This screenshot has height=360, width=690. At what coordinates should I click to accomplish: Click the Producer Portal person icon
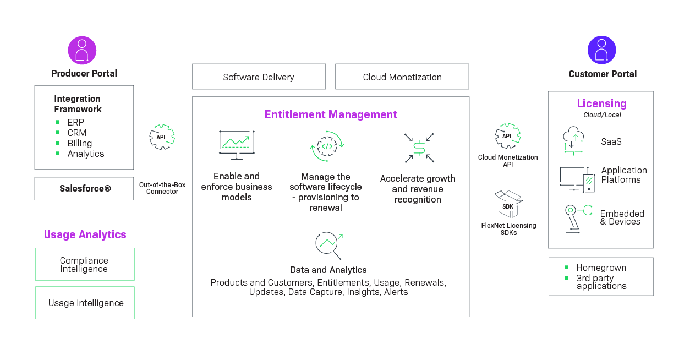(82, 51)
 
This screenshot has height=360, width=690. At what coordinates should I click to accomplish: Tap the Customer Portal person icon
(601, 50)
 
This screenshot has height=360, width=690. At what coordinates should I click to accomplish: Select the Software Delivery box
(259, 77)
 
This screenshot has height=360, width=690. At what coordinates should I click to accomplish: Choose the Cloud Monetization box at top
(402, 77)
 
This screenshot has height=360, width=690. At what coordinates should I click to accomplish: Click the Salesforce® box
(84, 189)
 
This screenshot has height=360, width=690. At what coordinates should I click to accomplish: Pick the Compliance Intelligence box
(84, 264)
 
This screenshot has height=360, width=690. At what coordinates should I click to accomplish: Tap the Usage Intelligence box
(85, 303)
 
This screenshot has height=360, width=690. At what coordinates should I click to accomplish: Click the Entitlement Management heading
(331, 114)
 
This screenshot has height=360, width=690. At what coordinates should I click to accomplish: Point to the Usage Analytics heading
(85, 234)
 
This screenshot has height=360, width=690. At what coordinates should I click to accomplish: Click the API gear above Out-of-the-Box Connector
(162, 137)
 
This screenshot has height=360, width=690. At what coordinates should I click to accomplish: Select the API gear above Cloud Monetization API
(507, 136)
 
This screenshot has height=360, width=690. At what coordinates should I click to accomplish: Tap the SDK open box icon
(508, 204)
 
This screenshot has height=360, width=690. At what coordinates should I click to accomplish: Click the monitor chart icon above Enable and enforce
(237, 145)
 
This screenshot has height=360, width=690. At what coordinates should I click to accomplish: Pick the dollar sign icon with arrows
(419, 148)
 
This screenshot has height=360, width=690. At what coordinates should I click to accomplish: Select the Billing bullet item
(79, 143)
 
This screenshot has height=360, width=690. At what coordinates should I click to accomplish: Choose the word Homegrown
(601, 268)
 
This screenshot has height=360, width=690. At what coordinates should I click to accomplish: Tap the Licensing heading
(601, 103)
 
